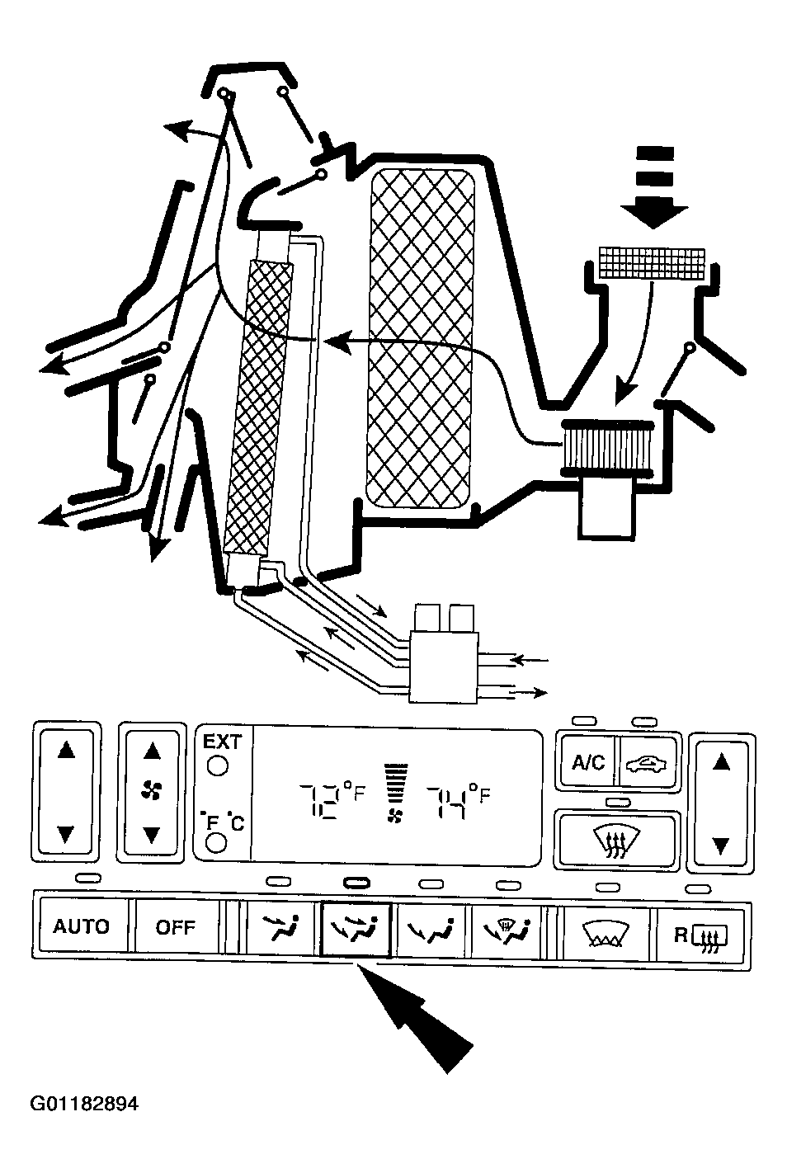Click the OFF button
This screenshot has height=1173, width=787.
[175, 927]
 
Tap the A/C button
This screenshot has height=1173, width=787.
[587, 763]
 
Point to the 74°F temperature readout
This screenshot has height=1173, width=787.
[459, 800]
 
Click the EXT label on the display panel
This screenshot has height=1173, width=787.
[222, 742]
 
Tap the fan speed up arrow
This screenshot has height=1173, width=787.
[151, 751]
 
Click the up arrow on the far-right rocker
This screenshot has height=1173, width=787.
[722, 762]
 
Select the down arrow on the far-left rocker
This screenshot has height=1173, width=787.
[66, 833]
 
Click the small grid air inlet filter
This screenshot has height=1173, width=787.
[652, 262]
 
